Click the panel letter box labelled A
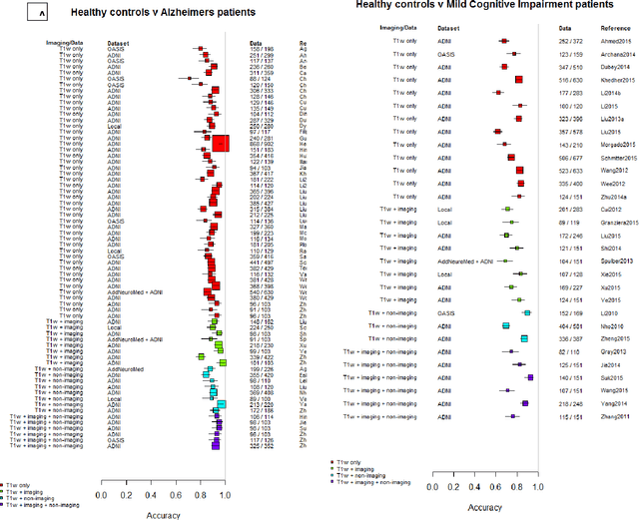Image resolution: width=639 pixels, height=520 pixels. point(37,14)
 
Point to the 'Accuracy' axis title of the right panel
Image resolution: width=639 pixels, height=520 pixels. point(482,507)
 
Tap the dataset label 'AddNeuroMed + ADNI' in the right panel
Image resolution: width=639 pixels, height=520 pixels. point(440,260)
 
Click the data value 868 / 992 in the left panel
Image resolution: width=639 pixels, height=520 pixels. point(263,145)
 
